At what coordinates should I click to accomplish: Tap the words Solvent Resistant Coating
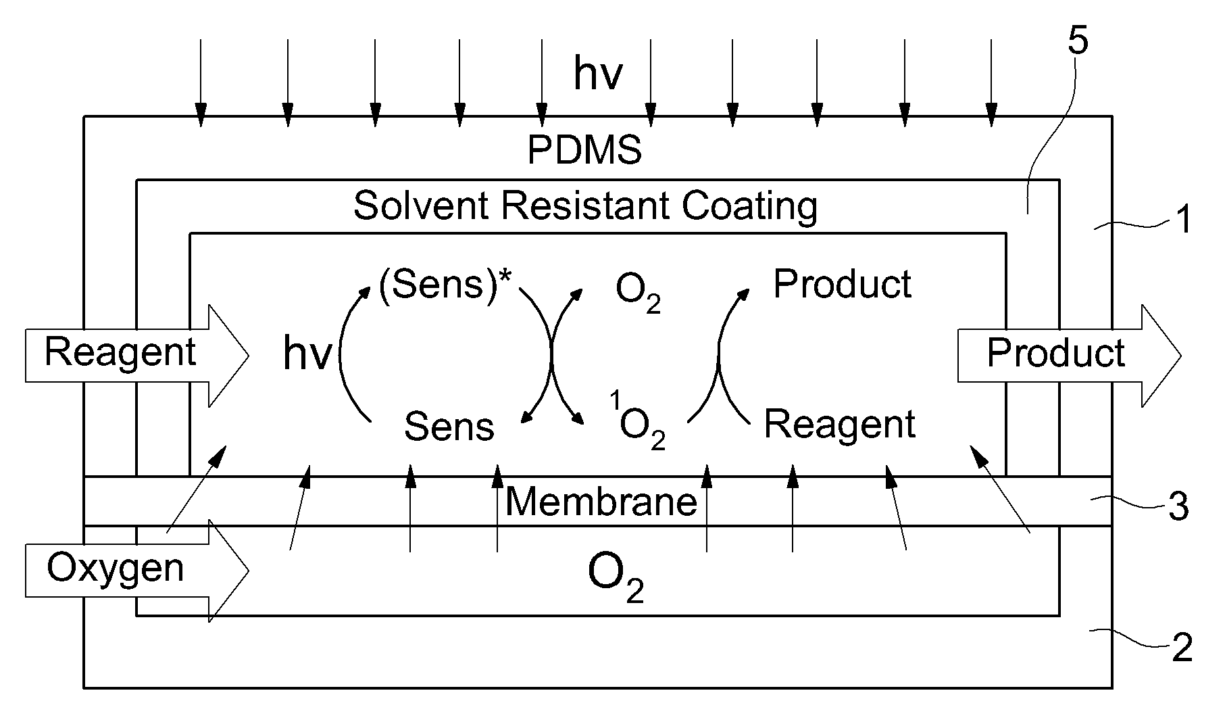(585, 206)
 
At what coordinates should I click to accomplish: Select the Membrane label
(601, 502)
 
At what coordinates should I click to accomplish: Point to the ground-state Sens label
(449, 427)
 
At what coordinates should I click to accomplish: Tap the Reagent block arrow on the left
(137, 356)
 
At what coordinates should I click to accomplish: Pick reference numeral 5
(1078, 41)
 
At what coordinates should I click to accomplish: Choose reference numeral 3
(1179, 507)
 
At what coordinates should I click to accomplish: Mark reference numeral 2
(1182, 648)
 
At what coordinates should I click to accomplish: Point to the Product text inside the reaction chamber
(843, 284)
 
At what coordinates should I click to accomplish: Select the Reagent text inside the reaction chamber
(840, 425)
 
